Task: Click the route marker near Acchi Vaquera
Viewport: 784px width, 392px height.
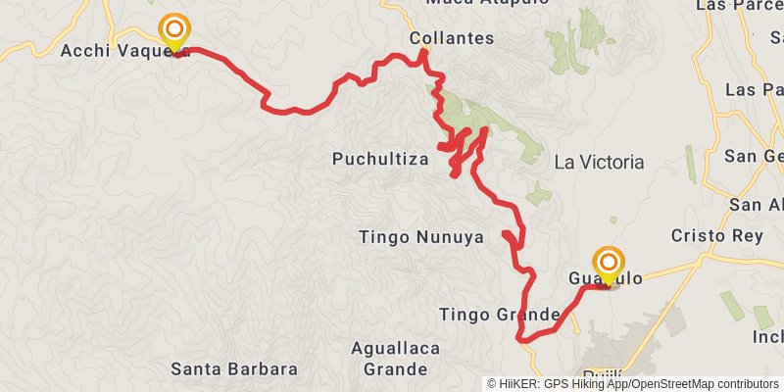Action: click(x=174, y=30)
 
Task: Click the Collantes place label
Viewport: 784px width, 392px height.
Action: click(x=452, y=38)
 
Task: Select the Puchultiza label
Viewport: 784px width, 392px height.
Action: click(x=380, y=159)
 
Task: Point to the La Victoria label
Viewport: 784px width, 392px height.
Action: click(x=599, y=162)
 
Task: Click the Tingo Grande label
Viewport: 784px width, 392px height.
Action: click(x=500, y=315)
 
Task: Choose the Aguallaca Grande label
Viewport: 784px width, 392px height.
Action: click(x=395, y=358)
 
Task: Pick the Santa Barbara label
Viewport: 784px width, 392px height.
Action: click(x=233, y=369)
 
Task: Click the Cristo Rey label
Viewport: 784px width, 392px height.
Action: click(x=710, y=236)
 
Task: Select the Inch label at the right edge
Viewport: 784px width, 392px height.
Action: click(x=766, y=337)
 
